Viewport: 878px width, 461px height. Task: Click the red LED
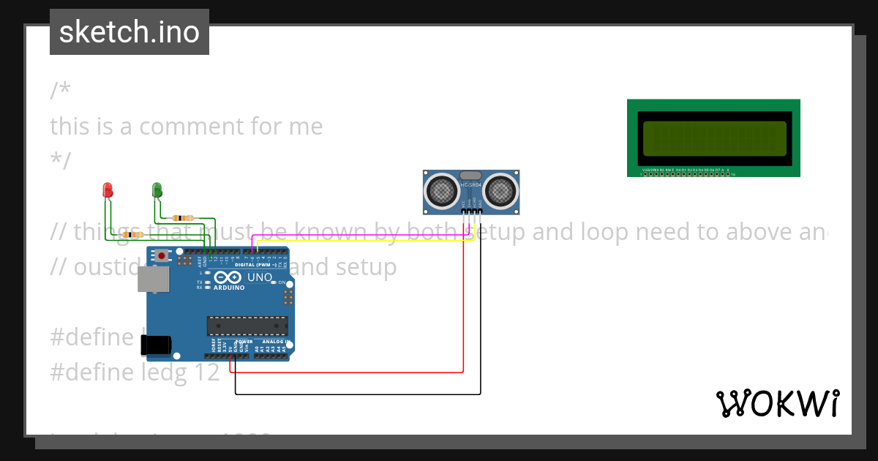tap(108, 190)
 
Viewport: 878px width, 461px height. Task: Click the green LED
tap(156, 190)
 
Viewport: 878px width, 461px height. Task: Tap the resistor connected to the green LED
tap(182, 217)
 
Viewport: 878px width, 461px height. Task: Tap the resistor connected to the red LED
tap(132, 235)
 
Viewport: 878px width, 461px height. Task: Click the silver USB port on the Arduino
tap(154, 279)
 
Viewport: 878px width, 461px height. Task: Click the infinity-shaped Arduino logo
tap(228, 278)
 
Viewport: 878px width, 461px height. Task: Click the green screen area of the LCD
tap(714, 138)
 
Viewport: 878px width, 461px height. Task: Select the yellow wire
tap(366, 241)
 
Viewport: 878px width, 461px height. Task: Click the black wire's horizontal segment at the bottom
tap(359, 394)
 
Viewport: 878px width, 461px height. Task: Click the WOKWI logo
tap(778, 403)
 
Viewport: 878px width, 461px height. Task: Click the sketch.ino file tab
tap(130, 32)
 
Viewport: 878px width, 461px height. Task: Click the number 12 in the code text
tap(206, 372)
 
